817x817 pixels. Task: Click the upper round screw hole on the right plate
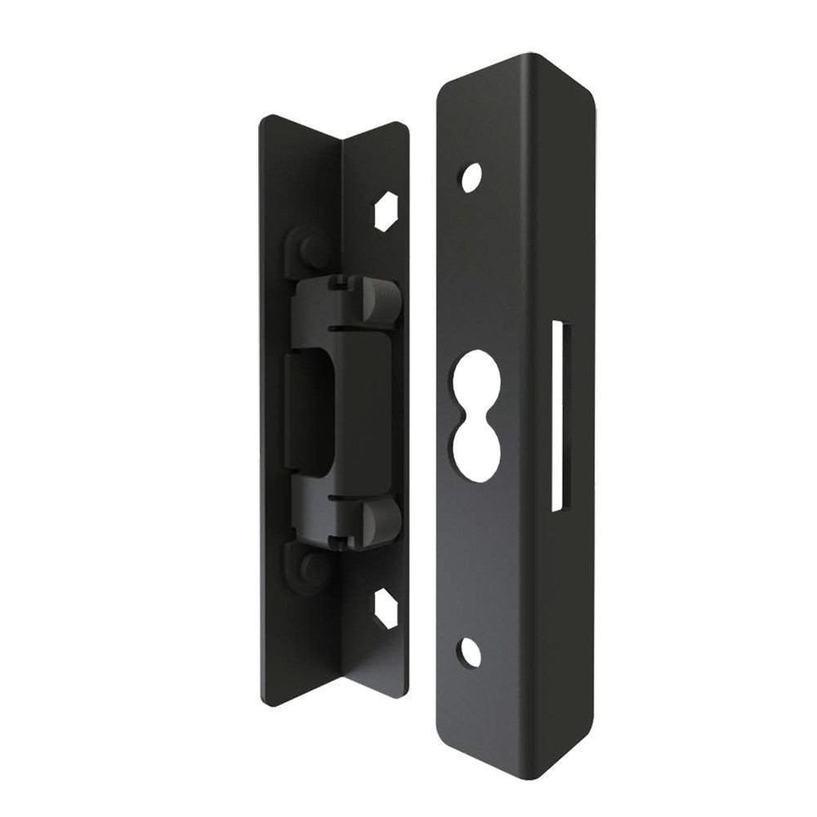pyautogui.click(x=471, y=177)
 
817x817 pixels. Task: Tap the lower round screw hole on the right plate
pyautogui.click(x=470, y=650)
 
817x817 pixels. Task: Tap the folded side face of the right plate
pyautogui.click(x=572, y=245)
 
